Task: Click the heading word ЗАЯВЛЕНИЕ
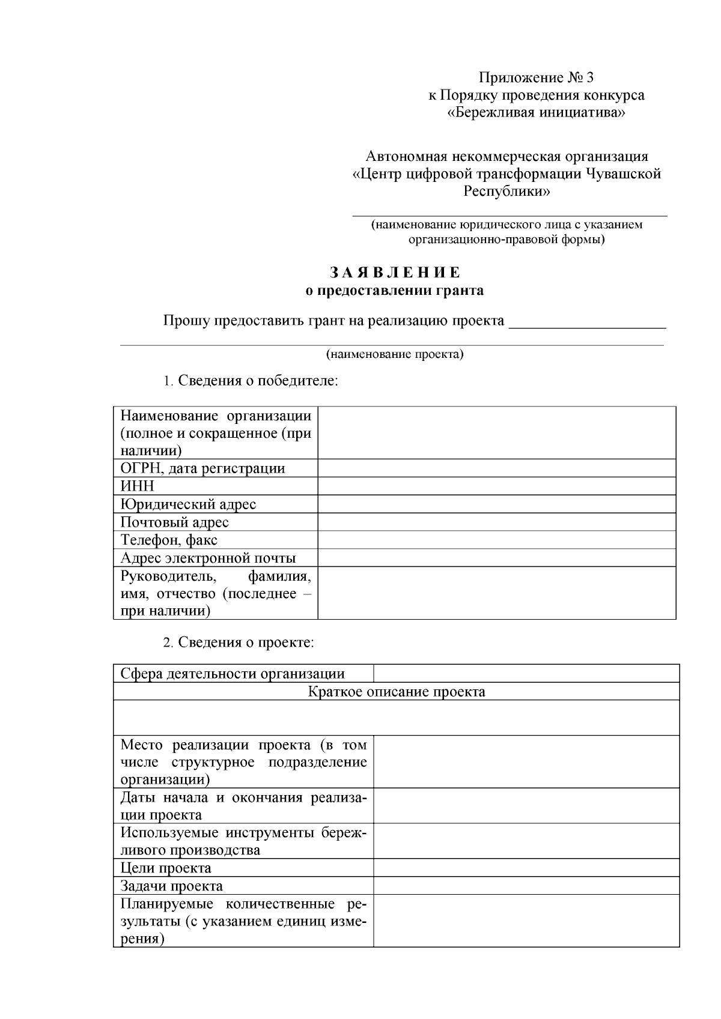[395, 273]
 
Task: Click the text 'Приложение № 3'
[536, 77]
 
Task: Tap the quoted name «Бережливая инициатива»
[537, 113]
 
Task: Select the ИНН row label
[138, 486]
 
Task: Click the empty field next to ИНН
[496, 486]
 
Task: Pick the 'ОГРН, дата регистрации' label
[202, 468]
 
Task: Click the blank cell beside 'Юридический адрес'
[496, 504]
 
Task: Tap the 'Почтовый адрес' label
[174, 522]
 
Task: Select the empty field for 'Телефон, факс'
[496, 540]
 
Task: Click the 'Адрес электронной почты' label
[208, 558]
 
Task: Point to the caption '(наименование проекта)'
[395, 354]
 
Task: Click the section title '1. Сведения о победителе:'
[251, 381]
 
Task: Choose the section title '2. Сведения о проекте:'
[239, 643]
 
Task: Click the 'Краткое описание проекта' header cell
[397, 692]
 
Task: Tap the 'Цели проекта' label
[166, 868]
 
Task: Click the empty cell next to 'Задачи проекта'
[526, 886]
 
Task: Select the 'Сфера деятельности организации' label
[233, 674]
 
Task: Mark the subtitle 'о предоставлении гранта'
[395, 291]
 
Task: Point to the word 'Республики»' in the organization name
[507, 192]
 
